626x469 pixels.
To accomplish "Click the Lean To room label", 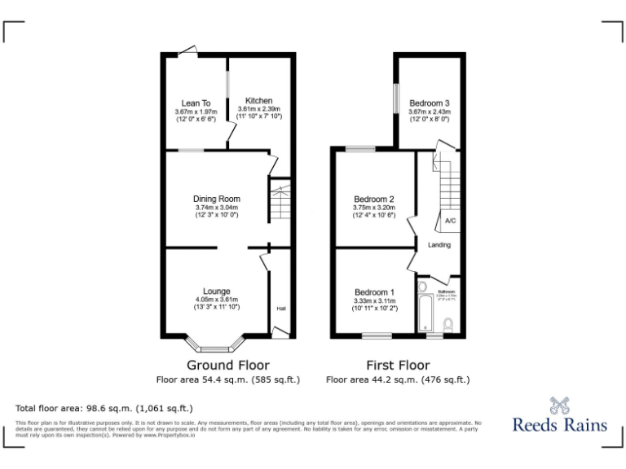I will (x=196, y=103).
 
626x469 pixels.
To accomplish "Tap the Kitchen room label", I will (x=259, y=101).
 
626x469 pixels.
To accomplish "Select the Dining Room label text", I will (x=217, y=199).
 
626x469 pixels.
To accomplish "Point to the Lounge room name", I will (x=217, y=291).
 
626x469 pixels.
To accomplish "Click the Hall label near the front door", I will (x=281, y=309).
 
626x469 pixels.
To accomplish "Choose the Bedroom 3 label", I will (x=430, y=103).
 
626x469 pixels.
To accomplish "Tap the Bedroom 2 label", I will (x=374, y=199).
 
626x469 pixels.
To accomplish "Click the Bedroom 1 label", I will (x=374, y=292).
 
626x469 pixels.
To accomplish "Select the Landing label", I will (x=439, y=245).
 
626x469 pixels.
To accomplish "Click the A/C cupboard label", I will (x=450, y=221).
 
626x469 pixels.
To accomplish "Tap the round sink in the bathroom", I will (x=421, y=287).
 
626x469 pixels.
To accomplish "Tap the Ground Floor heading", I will (x=228, y=365).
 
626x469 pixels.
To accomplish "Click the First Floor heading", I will (x=398, y=365).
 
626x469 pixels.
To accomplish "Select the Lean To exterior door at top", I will (x=188, y=50).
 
